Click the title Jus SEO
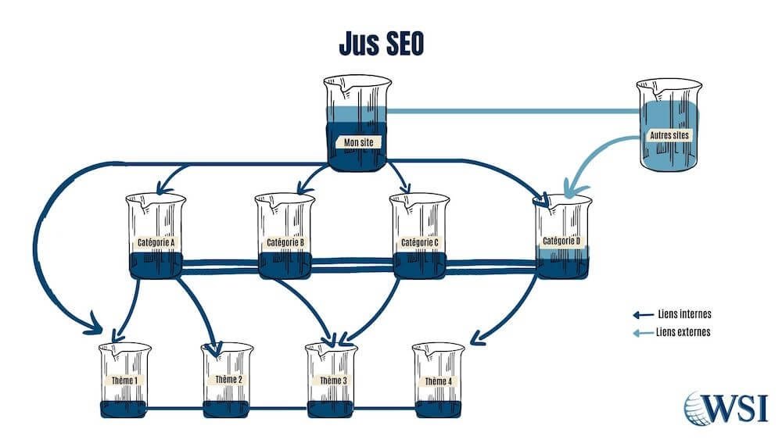[x=382, y=44]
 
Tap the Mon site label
[x=358, y=142]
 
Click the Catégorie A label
[x=155, y=242]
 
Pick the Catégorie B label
[x=285, y=243]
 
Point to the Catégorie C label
[x=419, y=243]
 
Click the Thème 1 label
[x=125, y=381]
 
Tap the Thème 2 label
[x=228, y=380]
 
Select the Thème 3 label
[x=332, y=380]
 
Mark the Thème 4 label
[x=438, y=381]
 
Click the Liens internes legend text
[x=686, y=315]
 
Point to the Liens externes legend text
[x=686, y=332]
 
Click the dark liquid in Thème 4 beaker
[x=438, y=409]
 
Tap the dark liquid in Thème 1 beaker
[x=125, y=409]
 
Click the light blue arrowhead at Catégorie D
[x=569, y=190]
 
